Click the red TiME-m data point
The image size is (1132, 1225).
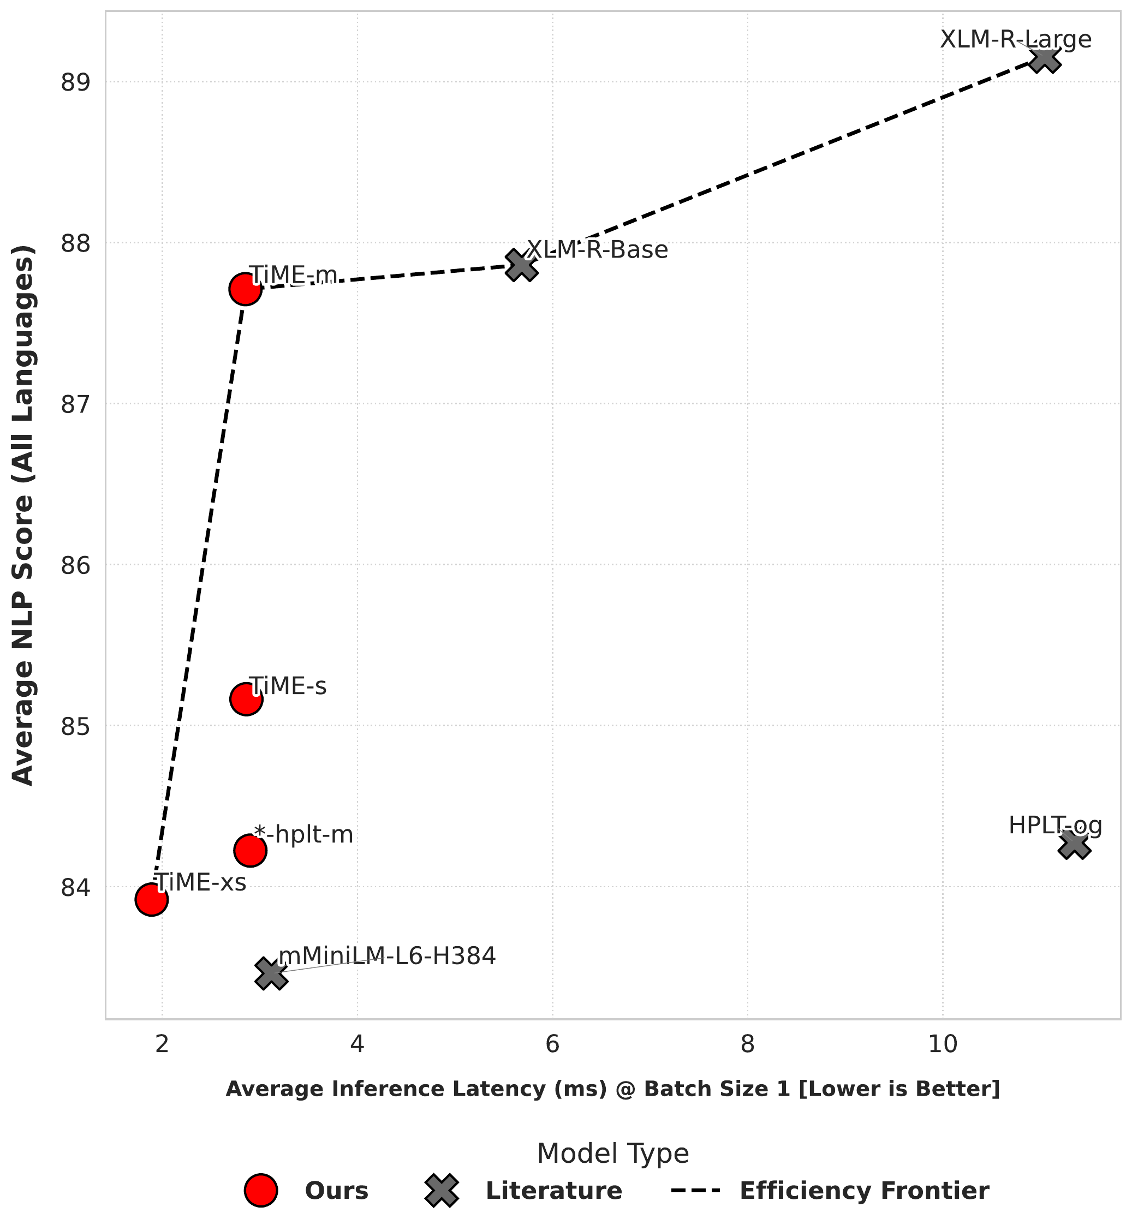point(246,289)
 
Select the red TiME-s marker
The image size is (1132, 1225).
point(246,699)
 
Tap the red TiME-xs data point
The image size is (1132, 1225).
point(151,899)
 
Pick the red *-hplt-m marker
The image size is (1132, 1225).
point(250,850)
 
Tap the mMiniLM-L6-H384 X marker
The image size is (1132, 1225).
point(271,974)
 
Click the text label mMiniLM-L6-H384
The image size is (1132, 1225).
point(387,956)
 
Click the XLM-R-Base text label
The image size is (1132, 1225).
point(597,250)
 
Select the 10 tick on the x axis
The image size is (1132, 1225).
point(942,1044)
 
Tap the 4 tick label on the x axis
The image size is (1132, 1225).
point(357,1044)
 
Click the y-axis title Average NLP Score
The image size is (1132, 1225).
point(23,515)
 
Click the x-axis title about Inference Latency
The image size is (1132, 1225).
point(612,1089)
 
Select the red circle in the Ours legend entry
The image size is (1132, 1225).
point(261,1191)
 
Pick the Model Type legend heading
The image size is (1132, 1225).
point(612,1154)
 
